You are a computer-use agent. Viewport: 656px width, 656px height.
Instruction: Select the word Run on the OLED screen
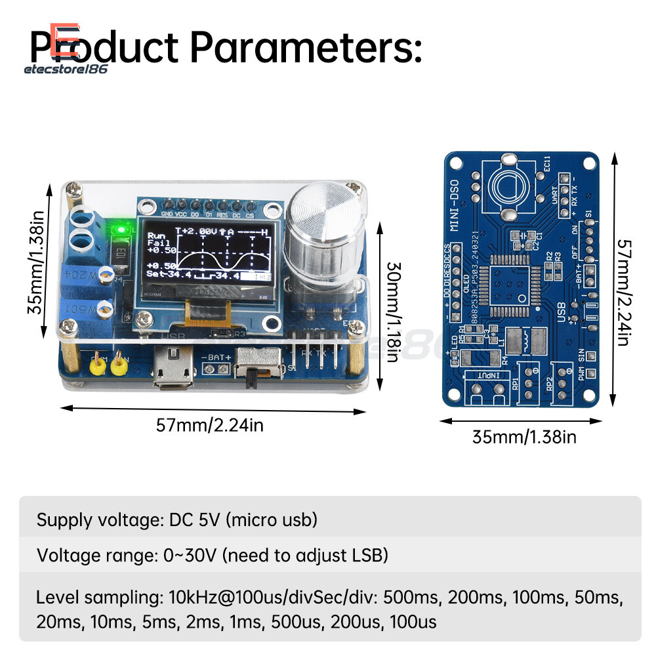pyautogui.click(x=156, y=234)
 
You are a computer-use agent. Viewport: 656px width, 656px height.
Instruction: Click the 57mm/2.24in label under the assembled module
pyautogui.click(x=209, y=425)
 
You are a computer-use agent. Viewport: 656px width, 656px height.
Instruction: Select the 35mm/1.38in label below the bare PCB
pyautogui.click(x=524, y=436)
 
